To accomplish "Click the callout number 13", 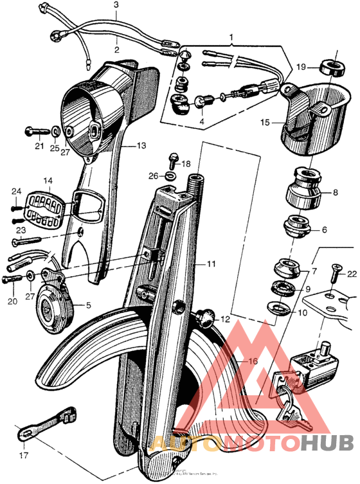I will [x=141, y=146].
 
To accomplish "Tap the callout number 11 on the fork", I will [x=212, y=264].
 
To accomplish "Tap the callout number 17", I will [x=24, y=456].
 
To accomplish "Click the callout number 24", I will [x=16, y=190].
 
